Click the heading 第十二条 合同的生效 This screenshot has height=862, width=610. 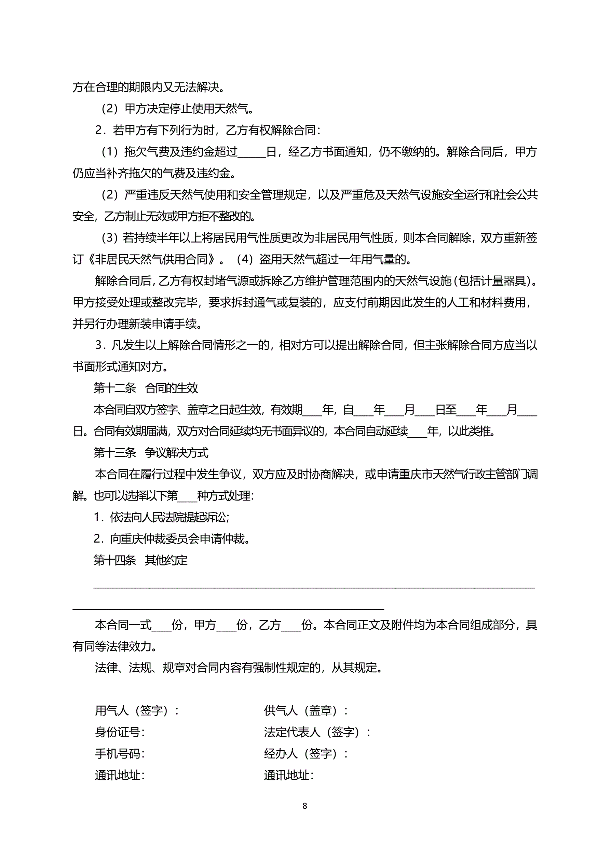145,388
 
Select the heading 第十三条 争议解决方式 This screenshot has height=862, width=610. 151,453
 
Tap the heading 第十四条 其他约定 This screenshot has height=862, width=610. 140,560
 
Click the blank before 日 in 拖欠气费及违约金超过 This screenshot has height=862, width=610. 252,152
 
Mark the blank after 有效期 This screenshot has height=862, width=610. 312,410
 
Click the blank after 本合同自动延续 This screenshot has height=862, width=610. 417,432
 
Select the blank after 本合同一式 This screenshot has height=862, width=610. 162,626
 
